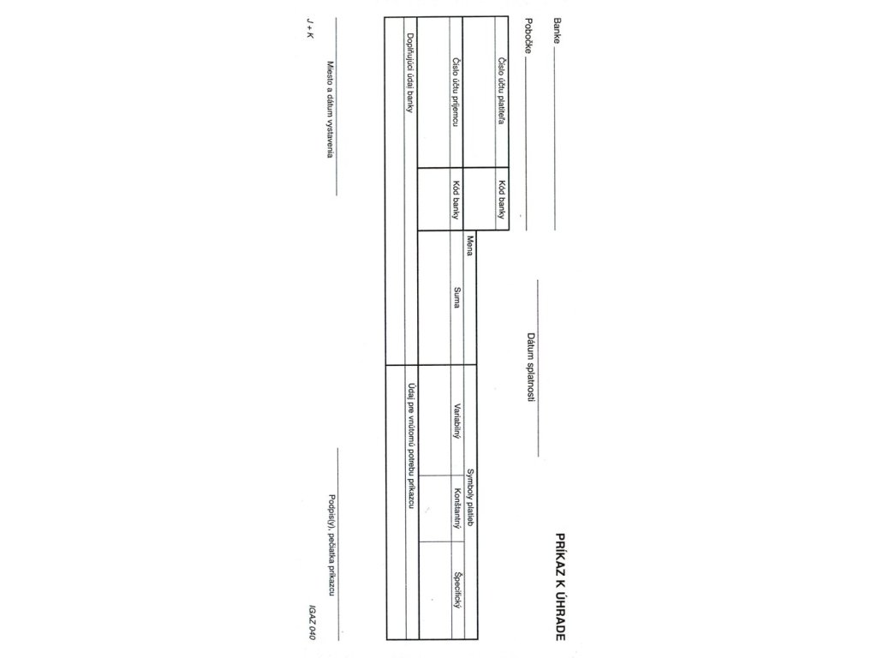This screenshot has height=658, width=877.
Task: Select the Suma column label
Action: (457, 297)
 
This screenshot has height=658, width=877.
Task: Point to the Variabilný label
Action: (457, 422)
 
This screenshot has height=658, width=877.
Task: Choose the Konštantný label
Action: (457, 508)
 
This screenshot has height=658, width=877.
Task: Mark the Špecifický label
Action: (457, 589)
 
